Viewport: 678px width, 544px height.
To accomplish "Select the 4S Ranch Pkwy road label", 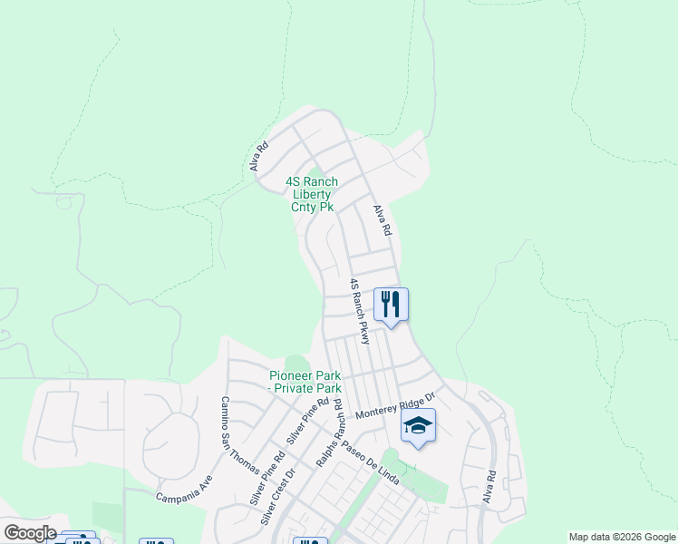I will tap(360, 311).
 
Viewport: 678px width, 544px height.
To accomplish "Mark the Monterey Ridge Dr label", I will tap(396, 405).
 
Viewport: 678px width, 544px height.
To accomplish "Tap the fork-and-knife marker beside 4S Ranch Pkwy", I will tap(391, 304).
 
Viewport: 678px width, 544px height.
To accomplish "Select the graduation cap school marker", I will tap(418, 424).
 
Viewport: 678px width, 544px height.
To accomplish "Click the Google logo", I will tap(29, 533).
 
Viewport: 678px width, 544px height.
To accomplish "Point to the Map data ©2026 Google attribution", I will tap(622, 537).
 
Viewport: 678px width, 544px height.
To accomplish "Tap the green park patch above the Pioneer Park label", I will tap(296, 363).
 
